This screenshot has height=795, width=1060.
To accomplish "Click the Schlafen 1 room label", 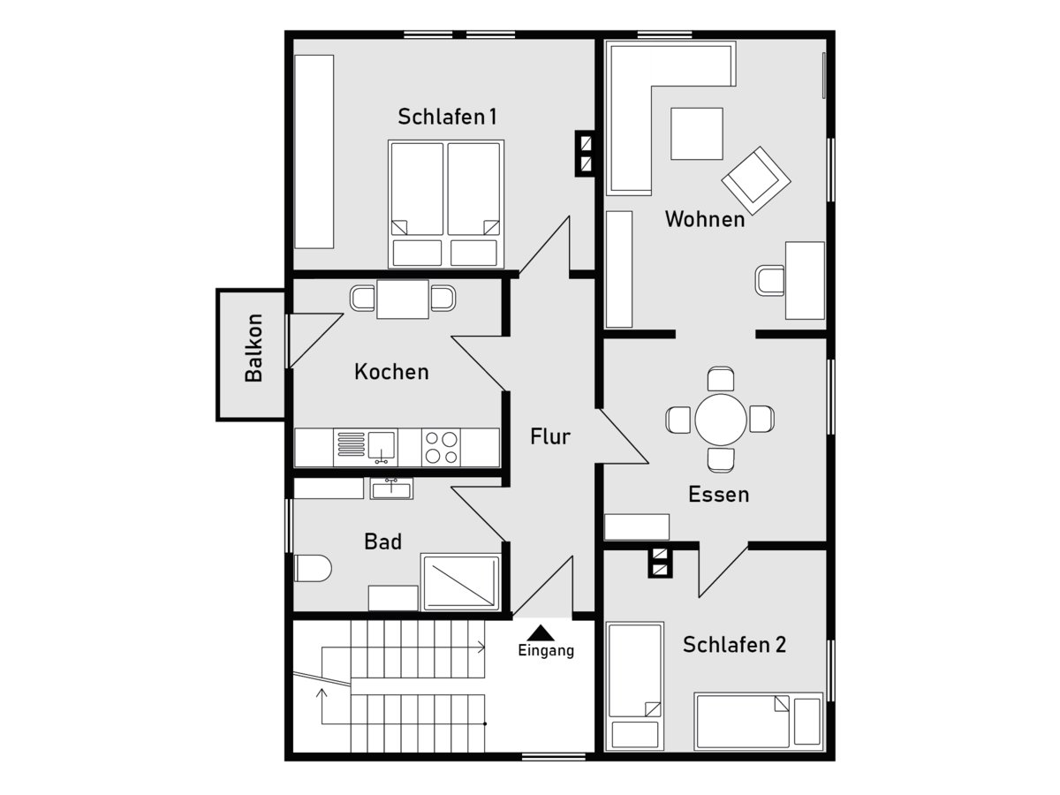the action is coord(447,117).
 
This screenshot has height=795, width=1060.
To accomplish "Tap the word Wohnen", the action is coord(705,219).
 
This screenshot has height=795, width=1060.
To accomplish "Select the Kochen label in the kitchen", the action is coord(391,372).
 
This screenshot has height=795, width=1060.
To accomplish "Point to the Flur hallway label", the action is coord(550,436).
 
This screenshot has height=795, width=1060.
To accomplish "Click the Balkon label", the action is coord(254,348).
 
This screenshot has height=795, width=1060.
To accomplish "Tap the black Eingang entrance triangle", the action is coord(541,632).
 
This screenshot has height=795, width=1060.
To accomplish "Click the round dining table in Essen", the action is coord(721,420).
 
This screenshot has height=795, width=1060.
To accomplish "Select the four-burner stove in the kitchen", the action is coord(441,448).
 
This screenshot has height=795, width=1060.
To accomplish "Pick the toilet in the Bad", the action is coord(313,568).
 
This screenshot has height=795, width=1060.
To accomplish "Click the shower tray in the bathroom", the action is coord(461,583).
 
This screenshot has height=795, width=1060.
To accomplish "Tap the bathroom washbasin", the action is coord(391,488).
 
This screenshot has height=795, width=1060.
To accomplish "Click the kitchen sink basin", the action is coord(382,446).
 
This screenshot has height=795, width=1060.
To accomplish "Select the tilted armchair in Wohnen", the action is coord(756,180).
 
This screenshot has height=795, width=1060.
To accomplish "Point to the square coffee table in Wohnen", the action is coord(697,133).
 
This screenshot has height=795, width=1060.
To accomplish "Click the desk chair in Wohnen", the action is coord(769,280).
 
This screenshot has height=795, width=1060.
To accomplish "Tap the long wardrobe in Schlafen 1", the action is coord(314,152).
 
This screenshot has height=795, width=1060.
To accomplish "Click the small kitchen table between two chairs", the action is coord(403,299).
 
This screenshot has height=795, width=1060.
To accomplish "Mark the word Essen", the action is coord(718,495).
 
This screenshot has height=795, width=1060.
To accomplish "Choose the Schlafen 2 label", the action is coord(735,645).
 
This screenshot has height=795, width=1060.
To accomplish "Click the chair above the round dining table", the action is coord(721,380).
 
